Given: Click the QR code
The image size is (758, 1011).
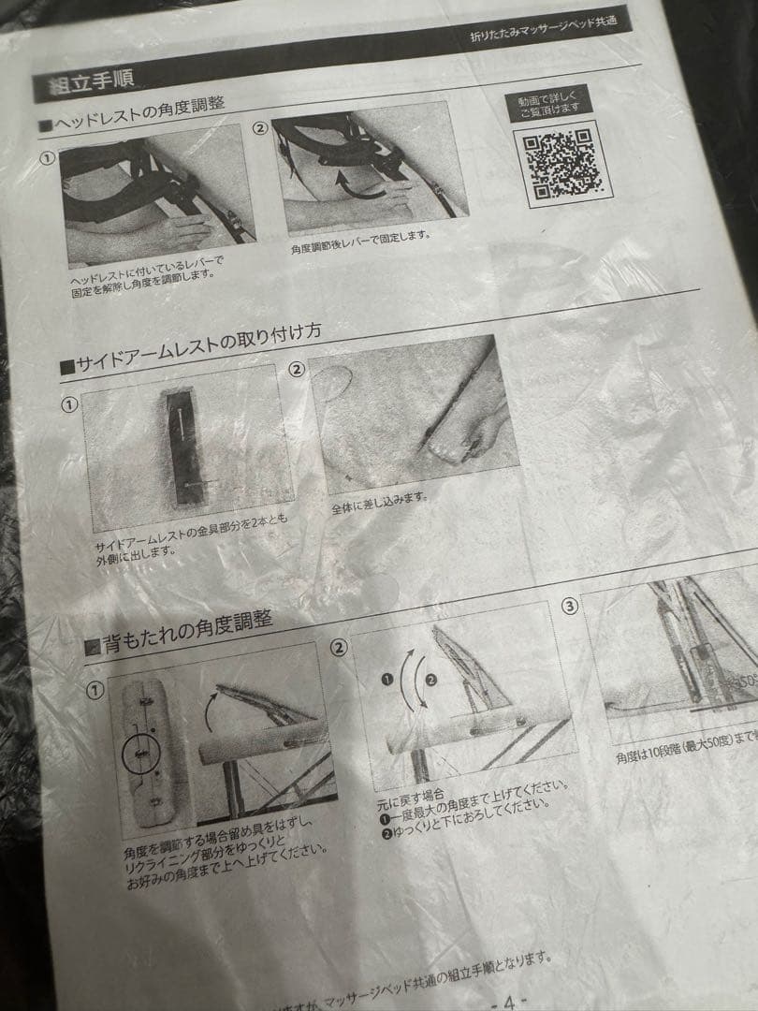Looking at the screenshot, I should tap(560, 163).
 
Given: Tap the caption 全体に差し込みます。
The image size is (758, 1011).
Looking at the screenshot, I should tap(379, 503).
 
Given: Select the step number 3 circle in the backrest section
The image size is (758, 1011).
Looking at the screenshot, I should tap(570, 606).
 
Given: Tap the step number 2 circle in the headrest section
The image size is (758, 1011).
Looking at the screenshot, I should tap(259, 128).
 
